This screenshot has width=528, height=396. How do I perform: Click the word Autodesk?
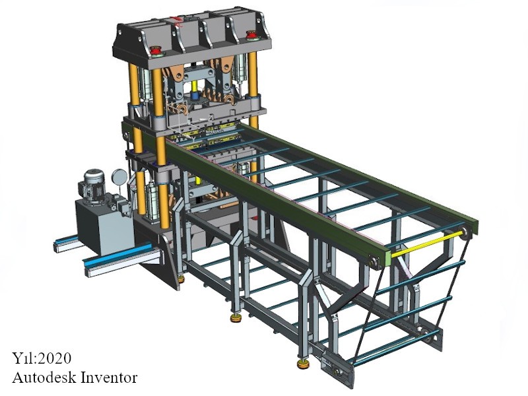coord(40,378)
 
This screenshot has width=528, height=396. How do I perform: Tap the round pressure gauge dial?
coord(120,176)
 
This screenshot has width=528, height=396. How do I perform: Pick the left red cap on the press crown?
coord(156,51)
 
